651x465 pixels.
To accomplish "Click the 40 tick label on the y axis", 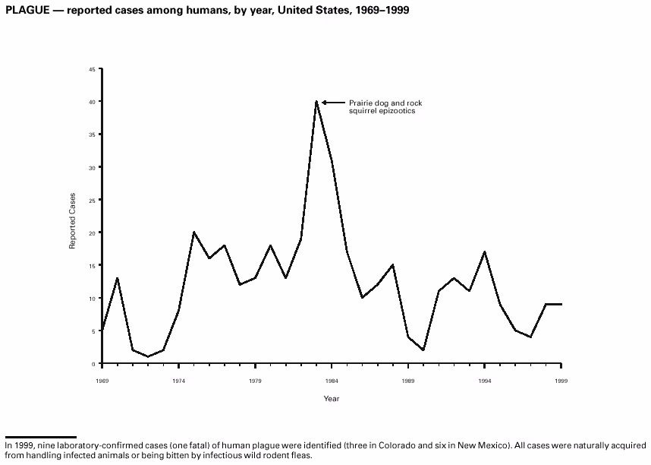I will click(92, 102).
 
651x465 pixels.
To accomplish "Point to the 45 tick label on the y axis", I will click(92, 69).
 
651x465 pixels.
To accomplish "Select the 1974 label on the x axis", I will click(178, 379).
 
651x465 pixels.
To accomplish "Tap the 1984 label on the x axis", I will click(332, 379).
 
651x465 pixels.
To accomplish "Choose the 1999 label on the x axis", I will click(561, 379).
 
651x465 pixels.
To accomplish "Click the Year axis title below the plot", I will click(332, 398).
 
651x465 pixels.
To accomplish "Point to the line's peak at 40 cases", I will click(316, 102).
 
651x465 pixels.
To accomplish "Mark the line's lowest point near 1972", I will click(148, 356).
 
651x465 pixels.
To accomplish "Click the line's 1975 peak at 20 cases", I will click(194, 232).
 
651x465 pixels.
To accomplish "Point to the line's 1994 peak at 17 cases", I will click(485, 251).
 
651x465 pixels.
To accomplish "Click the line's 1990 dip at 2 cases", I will click(423, 350).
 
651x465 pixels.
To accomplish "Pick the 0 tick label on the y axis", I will click(93, 364).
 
